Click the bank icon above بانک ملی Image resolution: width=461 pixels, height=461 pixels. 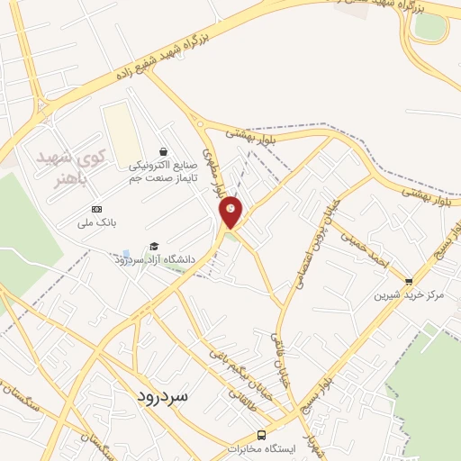97,208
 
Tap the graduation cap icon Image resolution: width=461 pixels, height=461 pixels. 154,247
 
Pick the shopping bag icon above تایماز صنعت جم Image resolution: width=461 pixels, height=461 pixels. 162,151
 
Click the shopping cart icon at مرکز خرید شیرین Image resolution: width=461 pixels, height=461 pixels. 409,282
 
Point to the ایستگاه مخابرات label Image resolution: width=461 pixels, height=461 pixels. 260,448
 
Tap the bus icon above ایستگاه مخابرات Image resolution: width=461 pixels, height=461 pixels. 260,434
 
